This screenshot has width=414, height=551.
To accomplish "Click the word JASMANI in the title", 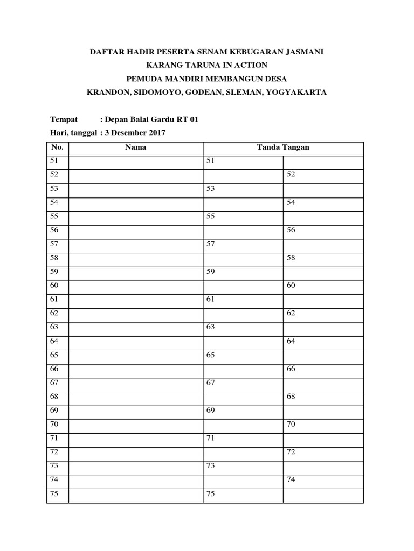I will point(302,52).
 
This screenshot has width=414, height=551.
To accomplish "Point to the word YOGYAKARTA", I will point(298,93).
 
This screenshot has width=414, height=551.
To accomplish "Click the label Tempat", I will point(64,119).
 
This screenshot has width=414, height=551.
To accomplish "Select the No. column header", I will point(58,147).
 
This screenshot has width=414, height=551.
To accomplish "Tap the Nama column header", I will point(135,147).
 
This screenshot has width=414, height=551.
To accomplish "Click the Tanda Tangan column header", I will point(283,147).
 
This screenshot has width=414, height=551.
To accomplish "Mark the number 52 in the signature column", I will point(291,175).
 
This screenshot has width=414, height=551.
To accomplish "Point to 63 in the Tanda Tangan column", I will point(211,327).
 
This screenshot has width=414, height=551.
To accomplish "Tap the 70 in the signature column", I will point(291,425).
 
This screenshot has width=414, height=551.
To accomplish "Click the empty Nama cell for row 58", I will point(135,258).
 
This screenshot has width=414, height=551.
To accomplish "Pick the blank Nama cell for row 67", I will point(135,383).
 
